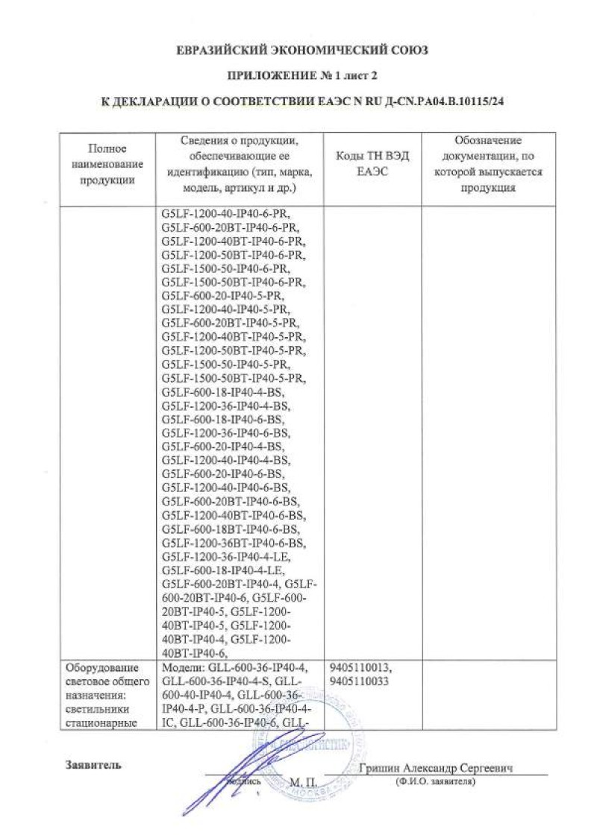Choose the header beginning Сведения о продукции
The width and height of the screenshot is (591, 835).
pos(239,164)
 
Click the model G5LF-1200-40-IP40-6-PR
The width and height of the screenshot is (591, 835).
pos(227,214)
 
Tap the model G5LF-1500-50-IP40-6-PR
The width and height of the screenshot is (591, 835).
pos(227,268)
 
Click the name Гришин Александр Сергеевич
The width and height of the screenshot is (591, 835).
pos(438,769)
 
